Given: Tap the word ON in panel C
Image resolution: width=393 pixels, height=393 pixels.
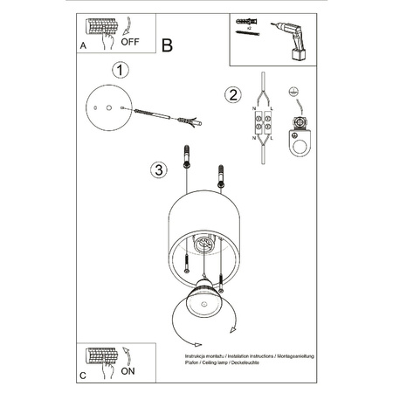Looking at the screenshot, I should point(128,370).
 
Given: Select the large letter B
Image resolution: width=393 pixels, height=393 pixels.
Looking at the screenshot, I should point(169,45).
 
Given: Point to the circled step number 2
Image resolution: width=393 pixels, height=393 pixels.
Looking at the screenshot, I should point(231,94).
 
